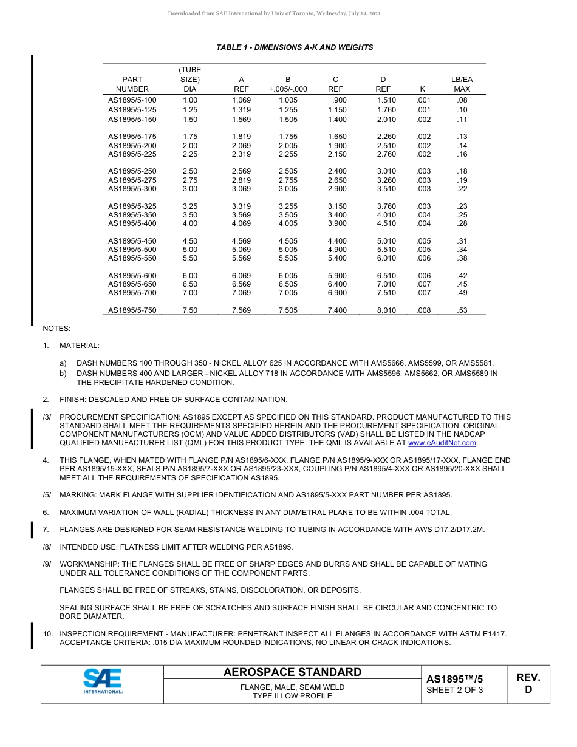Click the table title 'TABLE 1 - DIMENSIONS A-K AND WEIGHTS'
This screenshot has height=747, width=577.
(x=295, y=47)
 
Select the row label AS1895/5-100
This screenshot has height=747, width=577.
(x=132, y=100)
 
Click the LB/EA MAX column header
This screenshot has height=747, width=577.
(x=462, y=84)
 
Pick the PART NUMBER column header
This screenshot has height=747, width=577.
(x=132, y=84)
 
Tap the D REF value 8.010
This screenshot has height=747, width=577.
(x=386, y=310)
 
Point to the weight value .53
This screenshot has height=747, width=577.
(x=462, y=310)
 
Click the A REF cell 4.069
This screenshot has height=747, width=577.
(x=241, y=223)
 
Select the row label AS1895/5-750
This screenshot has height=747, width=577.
(x=132, y=310)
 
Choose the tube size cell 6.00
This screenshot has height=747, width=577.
(x=190, y=276)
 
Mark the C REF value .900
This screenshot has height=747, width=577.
(x=339, y=100)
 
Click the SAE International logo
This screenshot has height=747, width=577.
(x=103, y=681)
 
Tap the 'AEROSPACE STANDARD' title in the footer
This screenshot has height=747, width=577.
(x=292, y=672)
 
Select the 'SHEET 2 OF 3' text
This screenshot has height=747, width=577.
(x=454, y=690)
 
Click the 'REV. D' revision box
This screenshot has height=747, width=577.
(x=528, y=683)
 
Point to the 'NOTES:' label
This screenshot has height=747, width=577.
(x=56, y=329)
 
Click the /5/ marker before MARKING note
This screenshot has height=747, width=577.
(x=47, y=495)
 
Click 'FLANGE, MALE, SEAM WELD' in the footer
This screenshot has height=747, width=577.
(x=292, y=687)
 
